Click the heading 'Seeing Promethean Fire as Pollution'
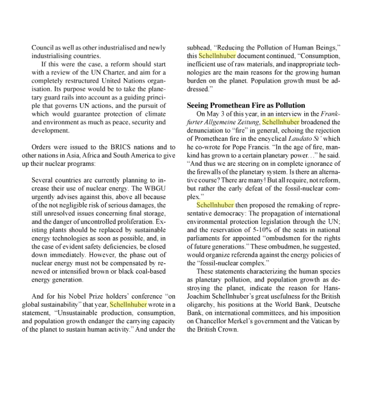pos(246,105)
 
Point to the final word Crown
pos(227,329)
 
